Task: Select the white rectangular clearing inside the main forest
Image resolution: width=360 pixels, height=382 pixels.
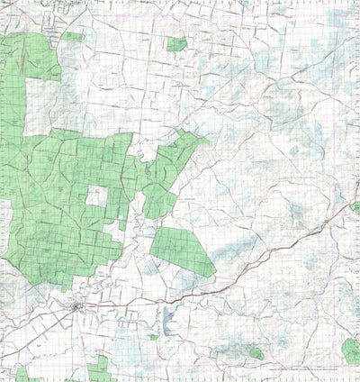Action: coord(96,197)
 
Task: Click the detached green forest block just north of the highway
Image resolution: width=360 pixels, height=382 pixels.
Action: coord(183,251)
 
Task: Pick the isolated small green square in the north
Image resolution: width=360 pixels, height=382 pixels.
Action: coord(177,43)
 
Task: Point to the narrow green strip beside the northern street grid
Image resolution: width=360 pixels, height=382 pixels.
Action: coord(73,38)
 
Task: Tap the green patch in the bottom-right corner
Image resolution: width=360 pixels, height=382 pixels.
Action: coord(350,350)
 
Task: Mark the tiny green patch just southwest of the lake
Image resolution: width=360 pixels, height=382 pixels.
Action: coord(154,337)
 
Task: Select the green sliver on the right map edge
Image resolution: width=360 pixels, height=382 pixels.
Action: coord(356,206)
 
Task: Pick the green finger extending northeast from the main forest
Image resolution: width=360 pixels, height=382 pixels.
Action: coord(184,144)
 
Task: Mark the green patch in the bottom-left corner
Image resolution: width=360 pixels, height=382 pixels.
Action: coord(22,373)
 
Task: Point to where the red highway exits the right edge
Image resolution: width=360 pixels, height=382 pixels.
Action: coord(357,205)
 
